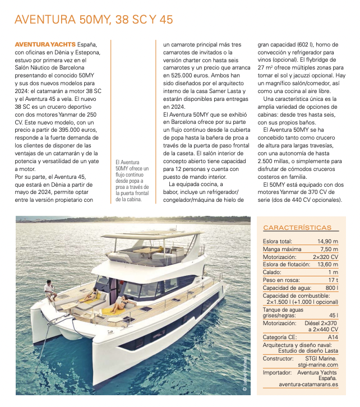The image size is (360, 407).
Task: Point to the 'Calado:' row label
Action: coord(273,272)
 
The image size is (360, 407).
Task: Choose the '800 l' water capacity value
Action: coord(331,288)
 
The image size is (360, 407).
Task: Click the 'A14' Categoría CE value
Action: coord(333,337)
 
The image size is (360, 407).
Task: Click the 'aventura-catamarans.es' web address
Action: coord(308,385)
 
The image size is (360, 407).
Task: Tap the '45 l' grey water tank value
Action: coord(333,315)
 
